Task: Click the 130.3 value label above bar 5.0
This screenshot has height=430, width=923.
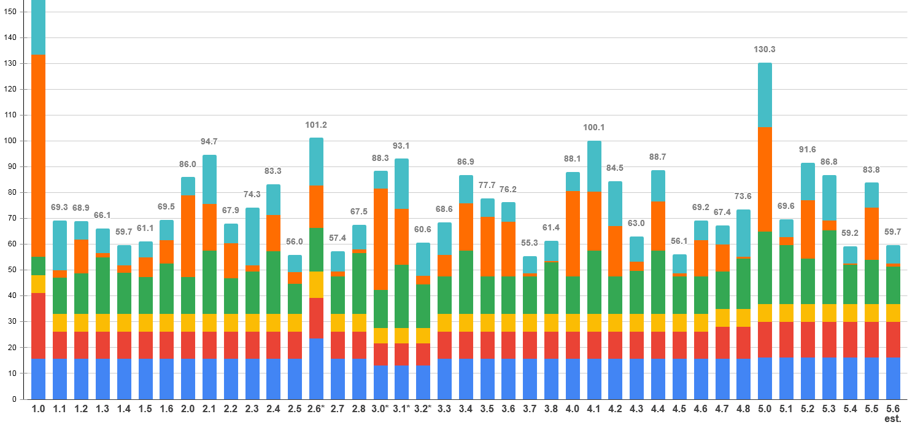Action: click(x=765, y=50)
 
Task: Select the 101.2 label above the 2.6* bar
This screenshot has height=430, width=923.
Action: click(x=316, y=125)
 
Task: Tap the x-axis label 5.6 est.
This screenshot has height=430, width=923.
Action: click(x=893, y=413)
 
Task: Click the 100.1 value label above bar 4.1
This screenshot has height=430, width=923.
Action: click(x=594, y=128)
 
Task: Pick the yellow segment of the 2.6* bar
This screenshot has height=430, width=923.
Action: click(x=316, y=284)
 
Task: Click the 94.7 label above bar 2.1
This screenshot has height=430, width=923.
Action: click(x=209, y=142)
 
